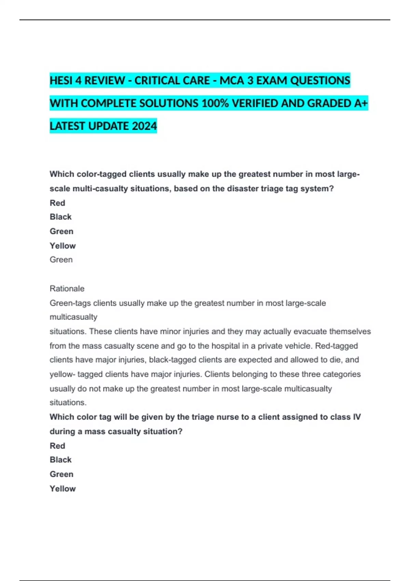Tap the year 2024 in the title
[144, 126]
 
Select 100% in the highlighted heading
[215, 103]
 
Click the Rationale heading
[67, 288]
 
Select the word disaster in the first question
[243, 189]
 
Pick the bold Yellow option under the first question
[63, 246]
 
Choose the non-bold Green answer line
[61, 260]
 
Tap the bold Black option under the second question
[60, 460]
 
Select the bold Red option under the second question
[57, 446]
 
